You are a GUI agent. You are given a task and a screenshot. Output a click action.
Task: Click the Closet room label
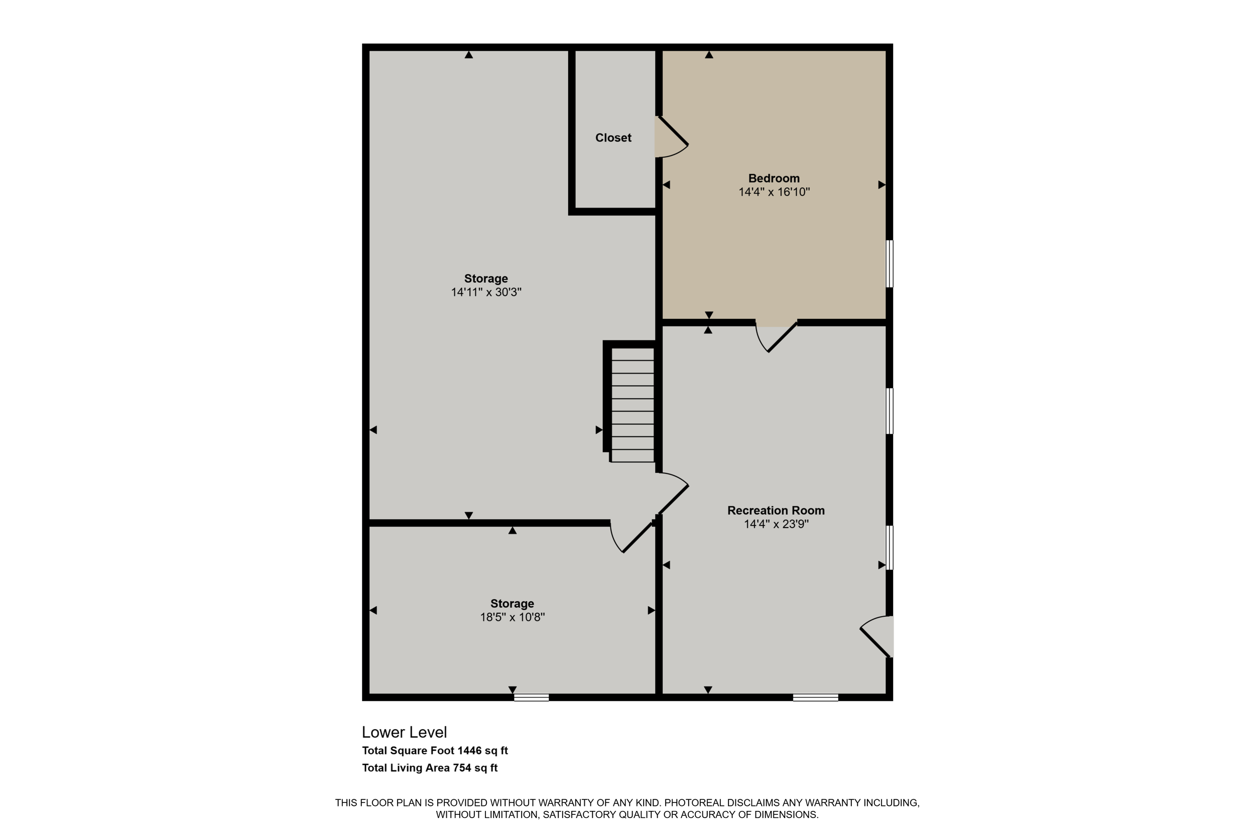click(613, 137)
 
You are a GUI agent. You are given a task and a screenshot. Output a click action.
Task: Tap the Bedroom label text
click(774, 178)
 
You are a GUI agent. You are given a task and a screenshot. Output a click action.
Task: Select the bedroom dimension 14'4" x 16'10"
click(774, 192)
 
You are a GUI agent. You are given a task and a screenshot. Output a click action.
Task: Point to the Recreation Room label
click(776, 510)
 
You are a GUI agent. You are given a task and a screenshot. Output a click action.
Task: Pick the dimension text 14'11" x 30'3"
click(486, 292)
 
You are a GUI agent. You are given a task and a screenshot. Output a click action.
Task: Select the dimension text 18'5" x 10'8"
click(512, 617)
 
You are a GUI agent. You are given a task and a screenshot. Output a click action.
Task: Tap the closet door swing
click(671, 137)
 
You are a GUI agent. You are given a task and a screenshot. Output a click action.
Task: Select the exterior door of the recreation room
click(876, 636)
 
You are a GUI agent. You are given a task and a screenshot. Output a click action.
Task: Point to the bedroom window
click(890, 264)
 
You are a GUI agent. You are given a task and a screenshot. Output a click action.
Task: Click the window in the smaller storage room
click(532, 698)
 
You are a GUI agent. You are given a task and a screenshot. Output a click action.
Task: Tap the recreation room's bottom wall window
click(815, 698)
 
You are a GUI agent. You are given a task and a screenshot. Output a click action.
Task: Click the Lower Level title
click(405, 732)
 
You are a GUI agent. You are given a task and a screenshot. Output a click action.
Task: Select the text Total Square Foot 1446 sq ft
click(435, 751)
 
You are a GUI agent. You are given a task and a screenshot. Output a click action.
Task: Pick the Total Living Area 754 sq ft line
click(430, 768)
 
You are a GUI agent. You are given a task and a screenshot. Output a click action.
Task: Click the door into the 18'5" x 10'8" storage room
click(633, 537)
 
